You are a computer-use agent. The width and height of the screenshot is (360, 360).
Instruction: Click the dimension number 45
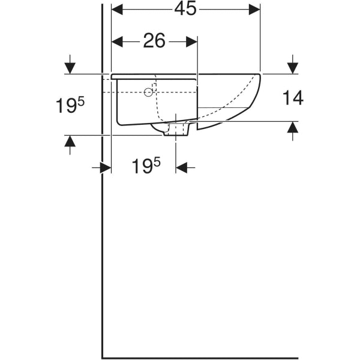(x=185, y=9)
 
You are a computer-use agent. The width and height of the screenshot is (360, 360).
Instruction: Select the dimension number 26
(x=154, y=41)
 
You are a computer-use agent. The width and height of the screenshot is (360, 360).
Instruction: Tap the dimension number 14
(x=293, y=98)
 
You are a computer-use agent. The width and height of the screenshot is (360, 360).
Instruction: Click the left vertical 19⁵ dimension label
(x=70, y=105)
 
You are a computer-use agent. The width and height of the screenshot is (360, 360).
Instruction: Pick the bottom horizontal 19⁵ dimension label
(x=146, y=166)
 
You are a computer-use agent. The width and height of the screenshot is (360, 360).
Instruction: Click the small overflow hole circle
(x=148, y=92)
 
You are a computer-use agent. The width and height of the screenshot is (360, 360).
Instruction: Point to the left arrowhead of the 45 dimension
(x=117, y=10)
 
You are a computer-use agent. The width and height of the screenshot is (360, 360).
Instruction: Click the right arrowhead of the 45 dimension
(x=254, y=10)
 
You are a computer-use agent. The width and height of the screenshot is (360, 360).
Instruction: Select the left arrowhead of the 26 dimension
(x=117, y=42)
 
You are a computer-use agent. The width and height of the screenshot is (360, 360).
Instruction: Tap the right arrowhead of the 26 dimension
(x=191, y=42)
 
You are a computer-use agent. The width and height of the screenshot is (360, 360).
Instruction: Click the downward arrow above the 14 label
(x=293, y=65)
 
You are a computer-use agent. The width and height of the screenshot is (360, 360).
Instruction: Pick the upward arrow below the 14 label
(x=293, y=131)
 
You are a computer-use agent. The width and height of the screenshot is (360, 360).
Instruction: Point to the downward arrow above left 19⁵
(x=70, y=65)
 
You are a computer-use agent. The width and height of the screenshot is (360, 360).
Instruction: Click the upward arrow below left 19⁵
(x=70, y=145)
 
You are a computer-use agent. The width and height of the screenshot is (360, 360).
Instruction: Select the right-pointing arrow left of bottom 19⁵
(x=101, y=167)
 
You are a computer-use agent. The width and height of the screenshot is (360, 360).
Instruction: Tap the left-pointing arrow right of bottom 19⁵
(x=185, y=167)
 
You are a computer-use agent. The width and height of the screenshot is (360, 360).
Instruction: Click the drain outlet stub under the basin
(x=176, y=129)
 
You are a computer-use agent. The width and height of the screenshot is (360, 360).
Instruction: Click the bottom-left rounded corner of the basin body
(x=119, y=123)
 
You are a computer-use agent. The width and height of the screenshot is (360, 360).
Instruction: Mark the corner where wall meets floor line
(x=102, y=358)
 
